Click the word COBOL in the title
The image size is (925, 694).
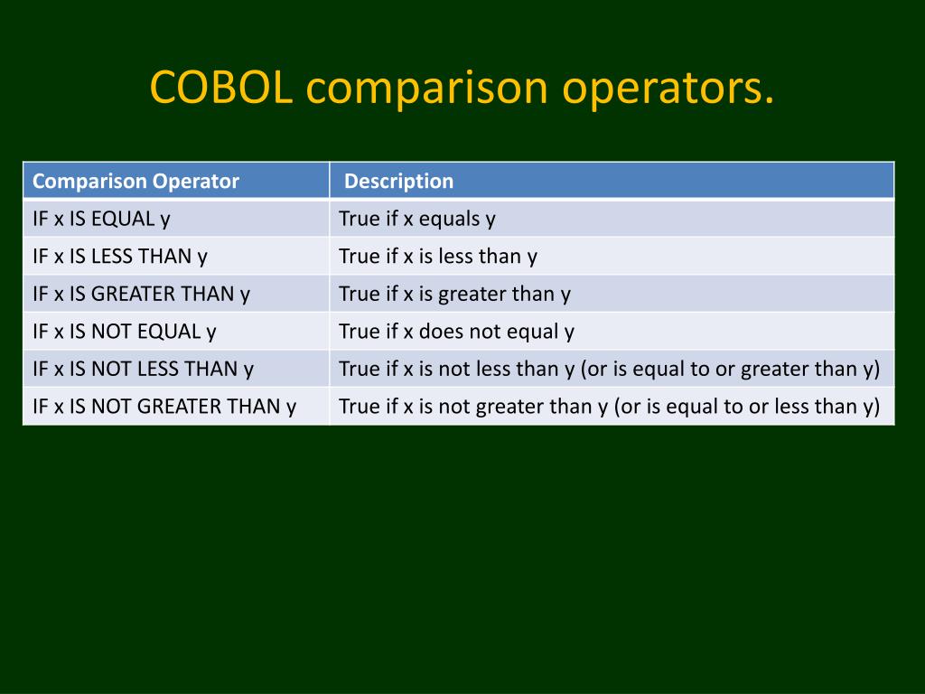point(221,87)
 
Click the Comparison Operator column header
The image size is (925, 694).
point(135,181)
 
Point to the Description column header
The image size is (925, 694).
point(398,181)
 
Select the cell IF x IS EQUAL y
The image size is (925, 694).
point(101,219)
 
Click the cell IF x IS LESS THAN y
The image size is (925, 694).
point(120,257)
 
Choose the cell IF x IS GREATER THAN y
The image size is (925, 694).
point(141,294)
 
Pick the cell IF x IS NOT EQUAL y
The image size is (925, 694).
point(125,332)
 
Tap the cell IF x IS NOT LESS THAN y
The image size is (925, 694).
point(143,369)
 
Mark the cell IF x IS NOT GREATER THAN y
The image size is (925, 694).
point(164,407)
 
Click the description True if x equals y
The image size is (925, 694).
point(417,219)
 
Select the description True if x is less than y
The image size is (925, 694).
point(438,257)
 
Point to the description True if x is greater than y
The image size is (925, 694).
point(455,294)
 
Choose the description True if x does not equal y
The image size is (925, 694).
point(456,332)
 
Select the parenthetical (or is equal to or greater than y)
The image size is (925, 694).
point(730,370)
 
